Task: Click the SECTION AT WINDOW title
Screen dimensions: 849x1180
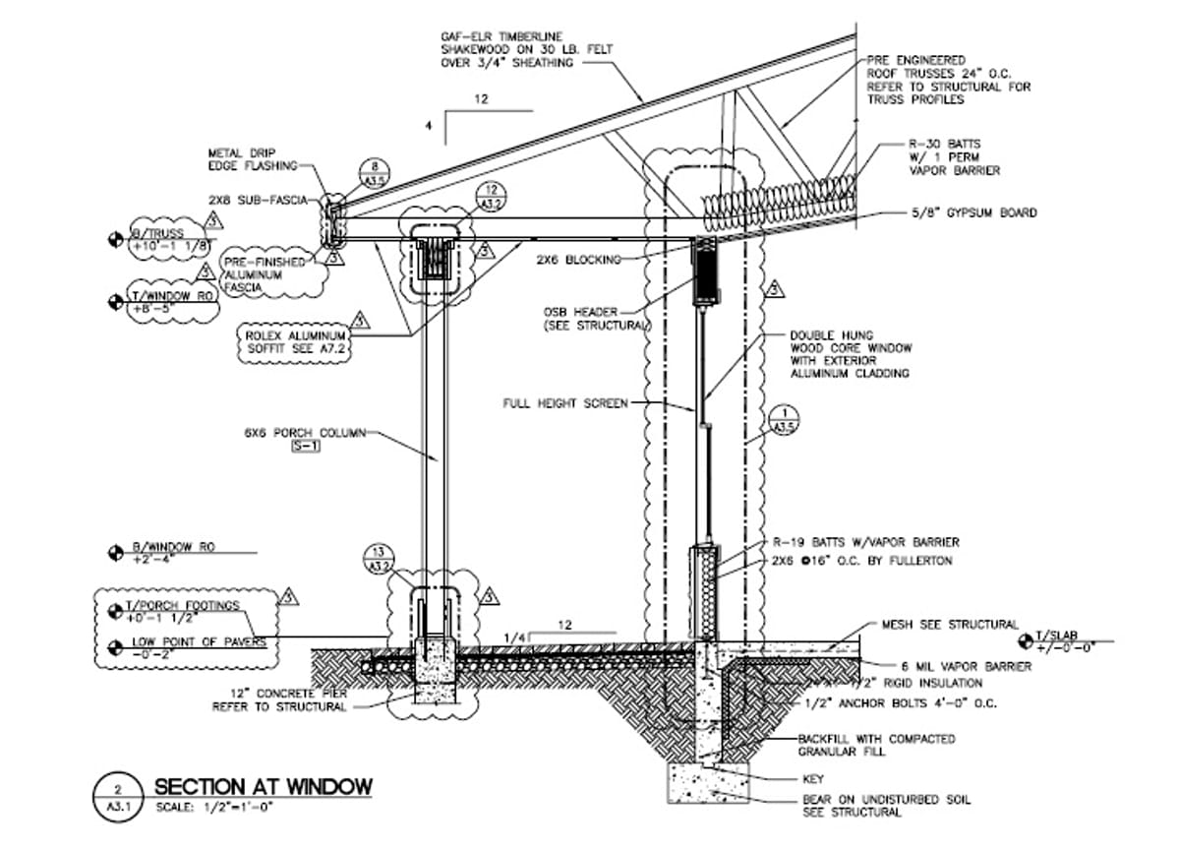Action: coord(263,786)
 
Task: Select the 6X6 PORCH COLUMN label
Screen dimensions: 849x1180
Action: coord(305,432)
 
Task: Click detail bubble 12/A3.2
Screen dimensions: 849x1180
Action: coord(492,197)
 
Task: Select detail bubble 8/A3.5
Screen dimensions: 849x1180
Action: coord(374,173)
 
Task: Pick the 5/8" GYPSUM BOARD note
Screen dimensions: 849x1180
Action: coord(973,212)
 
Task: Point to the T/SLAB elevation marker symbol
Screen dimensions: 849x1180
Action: coord(1027,641)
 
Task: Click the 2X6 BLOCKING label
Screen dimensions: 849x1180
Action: coord(578,260)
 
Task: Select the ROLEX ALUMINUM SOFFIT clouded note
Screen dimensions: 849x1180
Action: coord(295,341)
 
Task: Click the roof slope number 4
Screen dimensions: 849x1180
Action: coord(429,126)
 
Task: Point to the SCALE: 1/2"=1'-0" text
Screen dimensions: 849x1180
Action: coord(212,809)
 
